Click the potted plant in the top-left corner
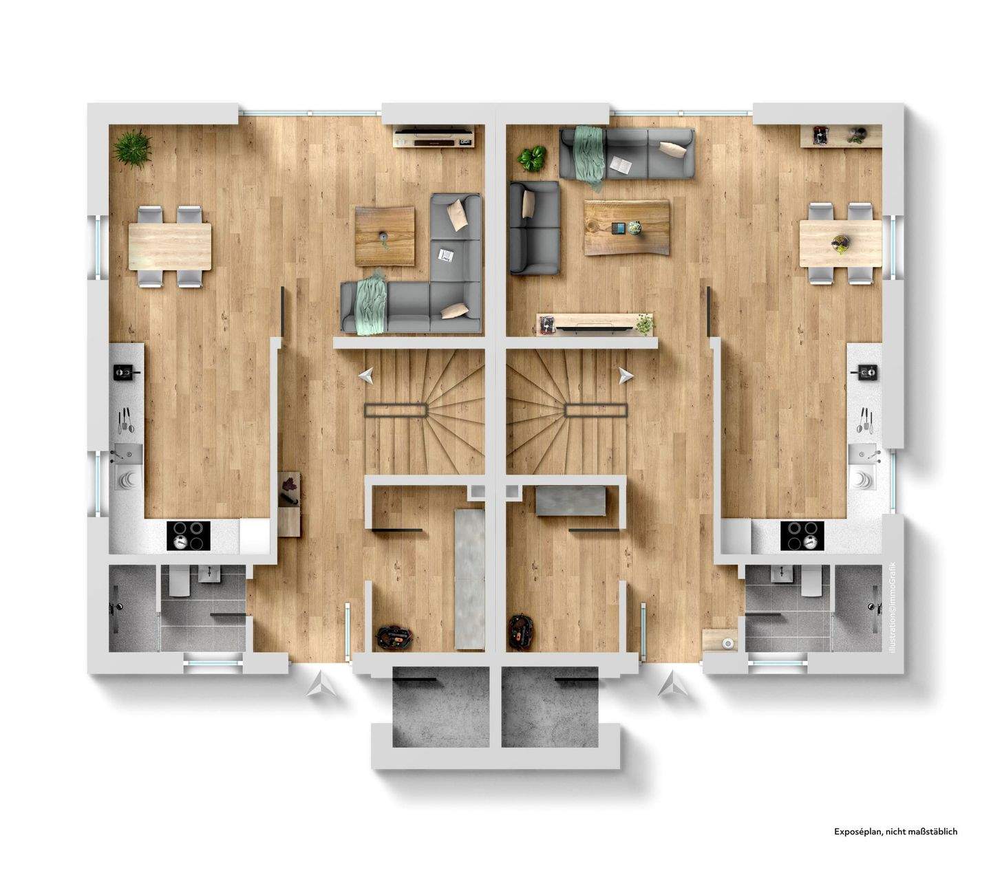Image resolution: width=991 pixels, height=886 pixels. pyautogui.click(x=133, y=148)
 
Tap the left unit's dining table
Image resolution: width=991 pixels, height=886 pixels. pyautogui.click(x=170, y=246)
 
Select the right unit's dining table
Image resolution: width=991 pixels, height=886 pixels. pyautogui.click(x=840, y=244)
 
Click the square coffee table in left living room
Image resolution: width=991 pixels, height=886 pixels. pyautogui.click(x=385, y=236)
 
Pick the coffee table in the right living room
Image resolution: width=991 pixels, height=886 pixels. pyautogui.click(x=626, y=227)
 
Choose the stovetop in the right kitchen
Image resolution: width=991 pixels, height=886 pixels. pyautogui.click(x=802, y=535)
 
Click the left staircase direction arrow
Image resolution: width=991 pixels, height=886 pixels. pyautogui.click(x=366, y=376)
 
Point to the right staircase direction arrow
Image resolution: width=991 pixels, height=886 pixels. pyautogui.click(x=626, y=376)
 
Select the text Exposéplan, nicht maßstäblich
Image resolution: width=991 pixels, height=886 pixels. pyautogui.click(x=895, y=832)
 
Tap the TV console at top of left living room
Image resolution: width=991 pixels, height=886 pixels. pyautogui.click(x=434, y=136)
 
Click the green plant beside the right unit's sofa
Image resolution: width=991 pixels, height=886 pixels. pyautogui.click(x=531, y=159)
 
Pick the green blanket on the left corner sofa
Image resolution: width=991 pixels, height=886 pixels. pyautogui.click(x=370, y=303)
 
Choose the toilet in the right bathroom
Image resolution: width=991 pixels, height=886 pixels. pyautogui.click(x=813, y=583)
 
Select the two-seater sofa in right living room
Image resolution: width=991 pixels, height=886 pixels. pyautogui.click(x=534, y=228)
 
